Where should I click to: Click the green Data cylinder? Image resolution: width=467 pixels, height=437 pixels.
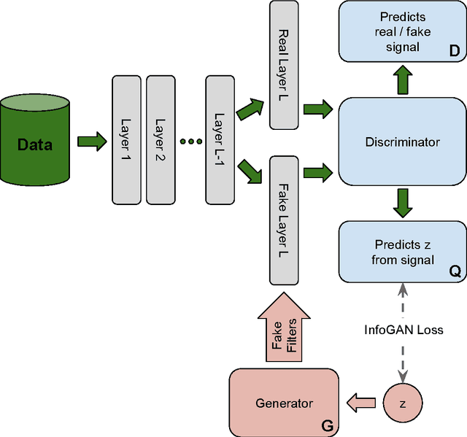[35, 144]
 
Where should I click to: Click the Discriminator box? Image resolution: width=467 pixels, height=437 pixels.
[402, 142]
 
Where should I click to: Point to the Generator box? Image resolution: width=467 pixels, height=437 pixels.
[284, 403]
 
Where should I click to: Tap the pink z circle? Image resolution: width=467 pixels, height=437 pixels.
[402, 403]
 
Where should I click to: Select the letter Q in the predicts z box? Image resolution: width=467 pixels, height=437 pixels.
[454, 271]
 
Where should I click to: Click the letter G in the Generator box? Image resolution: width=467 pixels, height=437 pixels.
[326, 424]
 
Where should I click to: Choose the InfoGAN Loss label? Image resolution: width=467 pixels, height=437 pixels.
[404, 330]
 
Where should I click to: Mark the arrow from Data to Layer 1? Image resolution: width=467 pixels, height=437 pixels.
[91, 140]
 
